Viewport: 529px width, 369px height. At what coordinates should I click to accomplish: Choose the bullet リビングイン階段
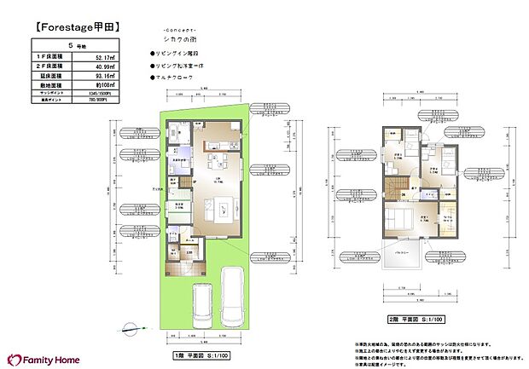point(175,53)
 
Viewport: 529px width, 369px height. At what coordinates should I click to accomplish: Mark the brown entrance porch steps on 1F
point(186,270)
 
